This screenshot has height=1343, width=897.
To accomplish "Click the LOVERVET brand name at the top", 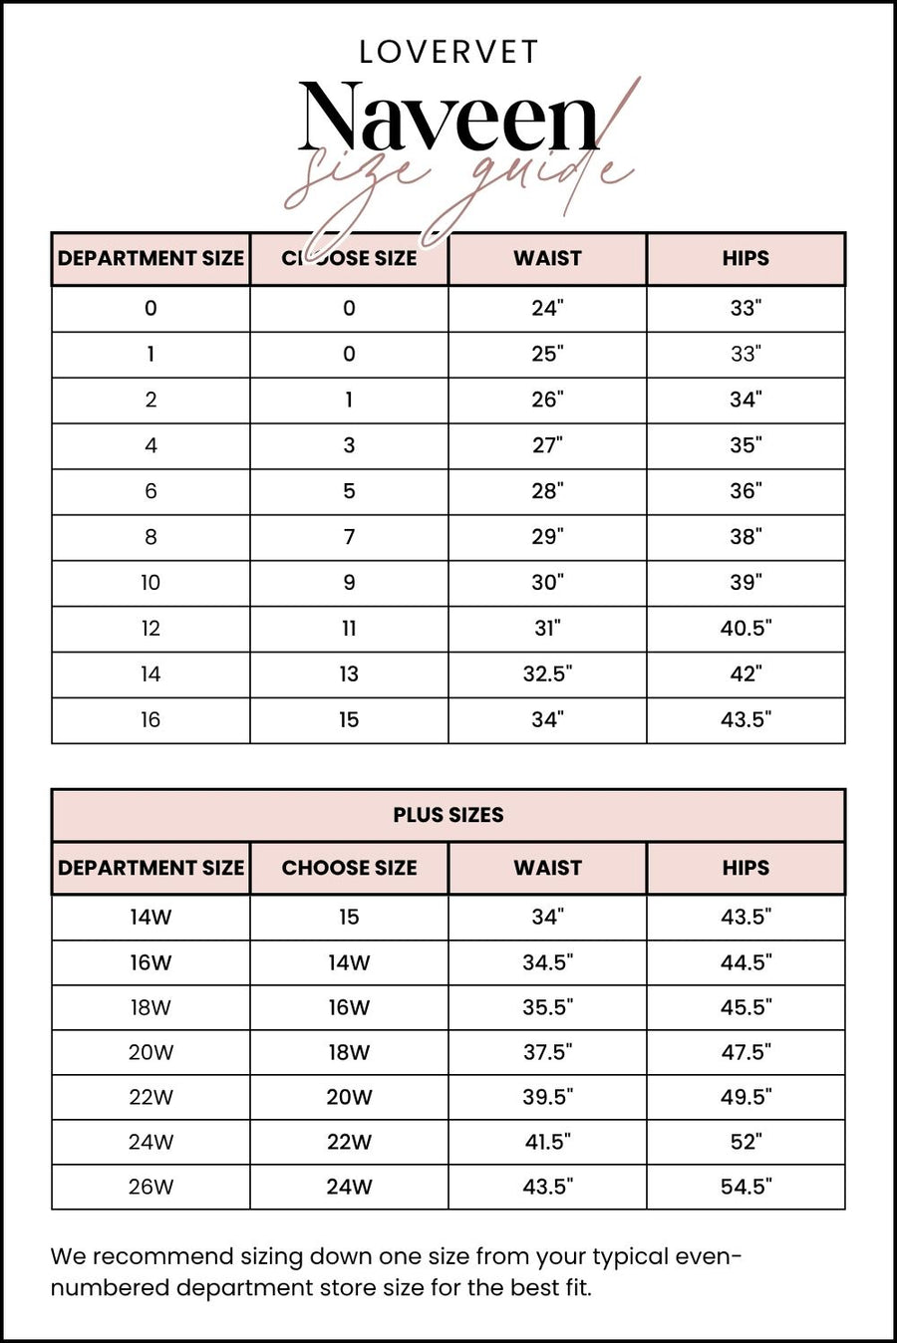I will click(448, 52).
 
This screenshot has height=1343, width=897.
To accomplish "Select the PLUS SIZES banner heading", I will click(448, 815).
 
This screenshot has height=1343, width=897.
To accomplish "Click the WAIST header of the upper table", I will click(547, 259).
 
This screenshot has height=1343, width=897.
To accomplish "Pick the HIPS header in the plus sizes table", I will click(746, 868).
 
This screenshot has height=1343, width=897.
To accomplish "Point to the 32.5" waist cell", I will click(547, 674).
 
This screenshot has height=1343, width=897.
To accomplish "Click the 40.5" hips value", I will click(746, 629).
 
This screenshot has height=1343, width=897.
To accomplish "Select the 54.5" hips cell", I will click(746, 1187).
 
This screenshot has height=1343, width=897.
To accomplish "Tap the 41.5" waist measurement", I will click(547, 1142).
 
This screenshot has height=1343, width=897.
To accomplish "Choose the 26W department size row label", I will click(150, 1187).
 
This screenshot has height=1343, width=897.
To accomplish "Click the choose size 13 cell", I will click(349, 674).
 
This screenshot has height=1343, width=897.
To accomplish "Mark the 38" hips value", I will click(746, 537).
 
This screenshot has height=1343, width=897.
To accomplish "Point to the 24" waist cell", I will click(547, 308).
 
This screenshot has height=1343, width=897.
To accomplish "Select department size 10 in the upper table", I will click(150, 583).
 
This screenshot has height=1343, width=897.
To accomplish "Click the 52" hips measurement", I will click(746, 1142).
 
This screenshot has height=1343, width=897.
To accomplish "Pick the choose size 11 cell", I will click(349, 629).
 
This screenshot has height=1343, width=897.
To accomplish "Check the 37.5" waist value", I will click(547, 1052).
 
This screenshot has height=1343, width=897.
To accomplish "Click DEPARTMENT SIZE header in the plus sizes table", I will click(150, 868).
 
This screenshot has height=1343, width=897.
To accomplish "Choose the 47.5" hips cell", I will click(746, 1052).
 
